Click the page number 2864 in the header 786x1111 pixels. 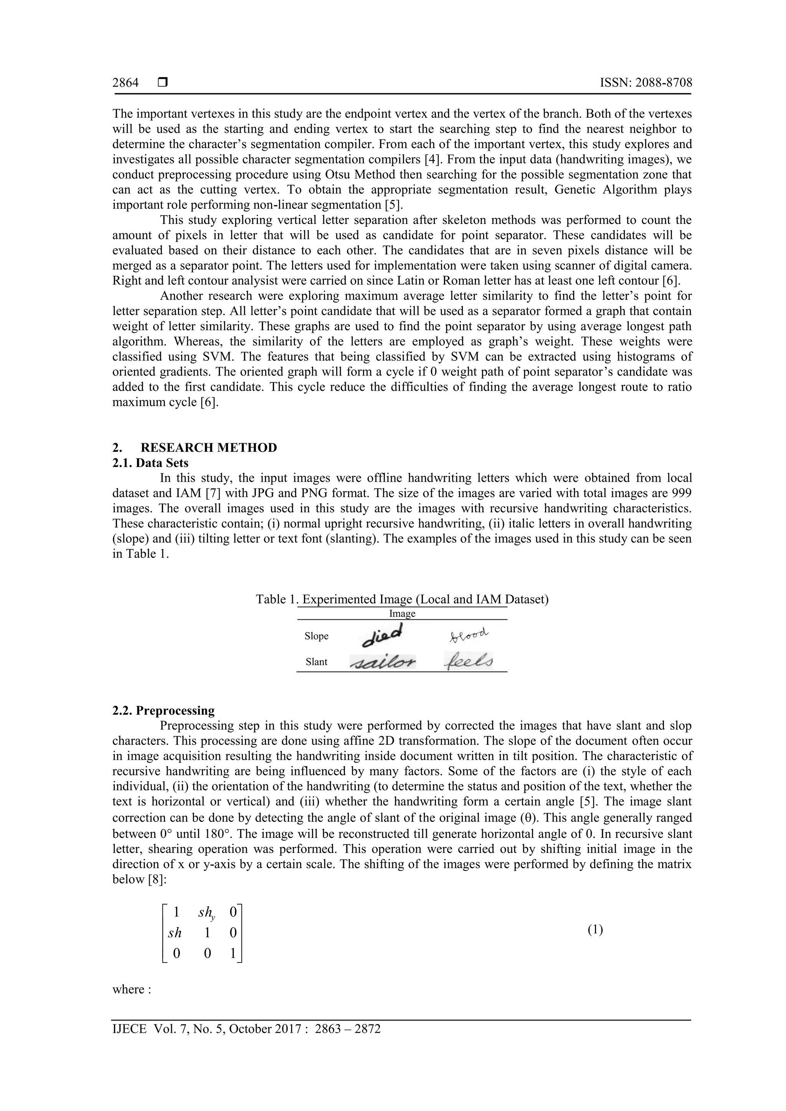(125, 83)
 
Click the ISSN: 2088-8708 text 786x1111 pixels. (646, 83)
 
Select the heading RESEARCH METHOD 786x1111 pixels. (209, 448)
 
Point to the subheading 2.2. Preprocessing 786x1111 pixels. (163, 711)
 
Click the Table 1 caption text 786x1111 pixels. (402, 599)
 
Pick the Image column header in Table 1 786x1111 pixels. (402, 614)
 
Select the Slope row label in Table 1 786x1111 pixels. (316, 636)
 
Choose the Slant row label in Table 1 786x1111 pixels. (316, 662)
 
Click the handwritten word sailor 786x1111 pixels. (383, 662)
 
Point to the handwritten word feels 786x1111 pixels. (468, 662)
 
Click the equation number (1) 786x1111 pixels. (595, 930)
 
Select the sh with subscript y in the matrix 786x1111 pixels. (207, 913)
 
